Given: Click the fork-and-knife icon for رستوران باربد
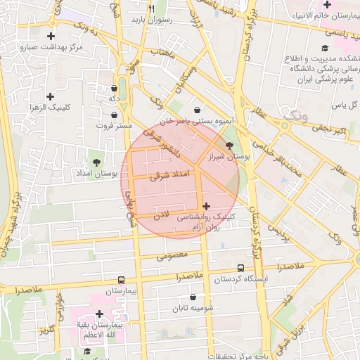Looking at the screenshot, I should [x=151, y=8].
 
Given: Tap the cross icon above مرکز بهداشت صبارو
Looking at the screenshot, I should [x=51, y=36].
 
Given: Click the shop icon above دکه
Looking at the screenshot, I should [x=114, y=89].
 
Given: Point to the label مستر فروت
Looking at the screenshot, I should [x=114, y=126].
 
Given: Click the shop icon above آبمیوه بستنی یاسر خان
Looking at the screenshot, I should [x=197, y=110].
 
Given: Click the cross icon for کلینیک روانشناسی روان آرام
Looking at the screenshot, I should [x=205, y=206].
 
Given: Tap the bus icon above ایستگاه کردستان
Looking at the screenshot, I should [x=241, y=268].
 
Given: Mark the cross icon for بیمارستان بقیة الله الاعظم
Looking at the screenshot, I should [x=99, y=314].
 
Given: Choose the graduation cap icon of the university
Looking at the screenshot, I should [x=324, y=48].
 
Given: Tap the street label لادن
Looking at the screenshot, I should [x=162, y=219].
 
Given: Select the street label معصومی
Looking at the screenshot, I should [x=173, y=255].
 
